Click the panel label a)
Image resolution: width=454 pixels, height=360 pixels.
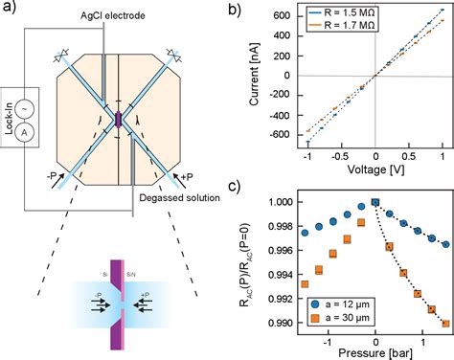point(9,9)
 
